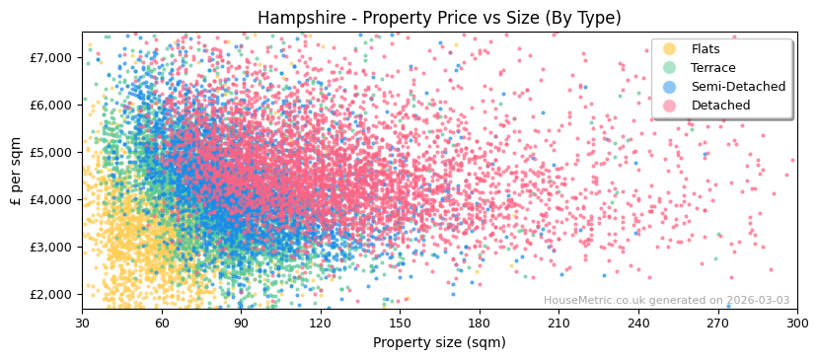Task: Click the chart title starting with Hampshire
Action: point(439,18)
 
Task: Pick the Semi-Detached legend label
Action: point(738,87)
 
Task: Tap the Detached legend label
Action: point(720,106)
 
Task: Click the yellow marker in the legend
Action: point(670,49)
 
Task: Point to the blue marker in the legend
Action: point(670,87)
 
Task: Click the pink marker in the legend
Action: point(670,106)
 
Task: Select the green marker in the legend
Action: point(670,68)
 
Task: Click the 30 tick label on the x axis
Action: point(82,323)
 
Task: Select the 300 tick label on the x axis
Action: point(797,323)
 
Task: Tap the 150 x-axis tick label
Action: point(400,323)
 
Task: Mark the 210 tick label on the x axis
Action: point(558,323)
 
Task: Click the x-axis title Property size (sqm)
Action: point(439,342)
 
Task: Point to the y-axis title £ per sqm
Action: point(16,171)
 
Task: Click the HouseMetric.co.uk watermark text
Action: point(666,301)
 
